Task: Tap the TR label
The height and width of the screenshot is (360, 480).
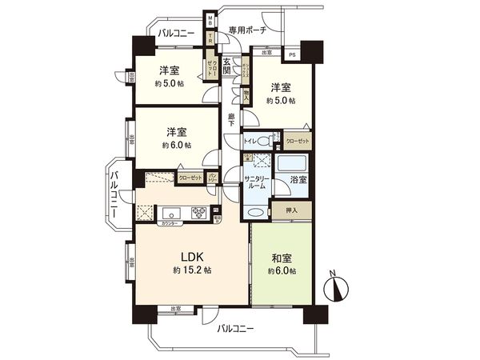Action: click(x=210, y=38)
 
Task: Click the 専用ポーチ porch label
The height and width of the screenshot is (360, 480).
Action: click(x=246, y=30)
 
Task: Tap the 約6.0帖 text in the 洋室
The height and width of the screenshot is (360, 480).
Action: click(x=176, y=146)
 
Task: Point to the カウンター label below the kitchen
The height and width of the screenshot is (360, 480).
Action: click(x=169, y=224)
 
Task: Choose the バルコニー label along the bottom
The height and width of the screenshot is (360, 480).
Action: click(x=234, y=328)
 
